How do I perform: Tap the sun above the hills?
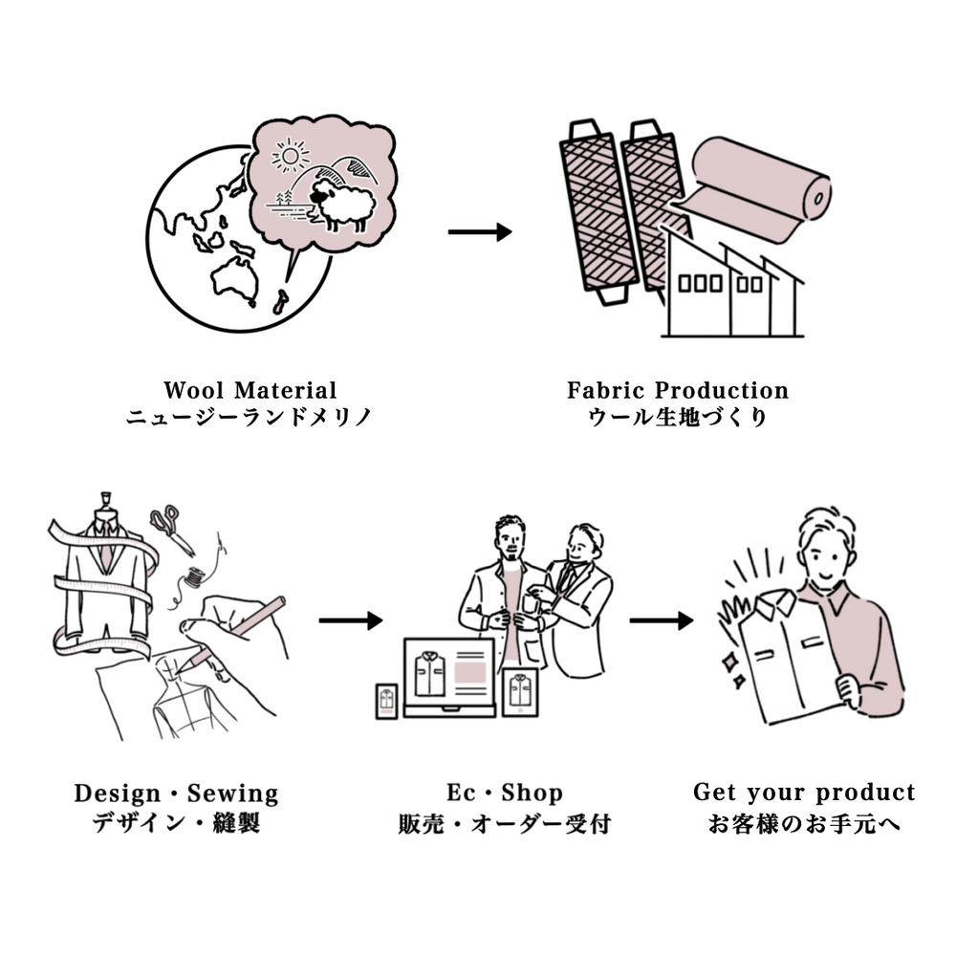[x=291, y=155]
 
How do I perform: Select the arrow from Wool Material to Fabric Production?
[x=480, y=232]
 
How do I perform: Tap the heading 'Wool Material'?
[x=250, y=390]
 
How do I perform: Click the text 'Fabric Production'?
[x=678, y=390]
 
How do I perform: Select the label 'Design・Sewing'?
[x=176, y=793]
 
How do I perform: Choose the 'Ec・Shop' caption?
[x=505, y=793]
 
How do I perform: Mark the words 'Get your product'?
[x=804, y=793]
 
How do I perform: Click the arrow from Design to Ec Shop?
[x=350, y=621]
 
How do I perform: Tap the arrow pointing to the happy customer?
[x=661, y=620]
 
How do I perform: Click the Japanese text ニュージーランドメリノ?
[x=250, y=417]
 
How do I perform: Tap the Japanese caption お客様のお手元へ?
[x=804, y=822]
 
